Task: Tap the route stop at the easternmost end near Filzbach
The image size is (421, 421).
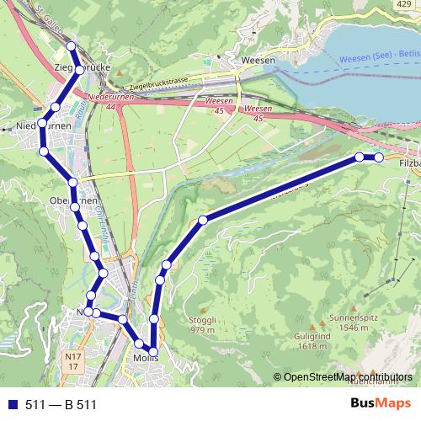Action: click(x=379, y=157)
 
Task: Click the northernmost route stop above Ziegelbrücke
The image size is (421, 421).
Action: click(x=71, y=47)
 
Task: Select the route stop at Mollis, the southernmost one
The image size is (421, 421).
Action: click(x=153, y=349)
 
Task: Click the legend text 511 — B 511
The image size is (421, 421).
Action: click(x=61, y=404)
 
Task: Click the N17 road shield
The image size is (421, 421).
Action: click(x=72, y=362)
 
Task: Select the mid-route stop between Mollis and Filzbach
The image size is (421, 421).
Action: click(x=203, y=221)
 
